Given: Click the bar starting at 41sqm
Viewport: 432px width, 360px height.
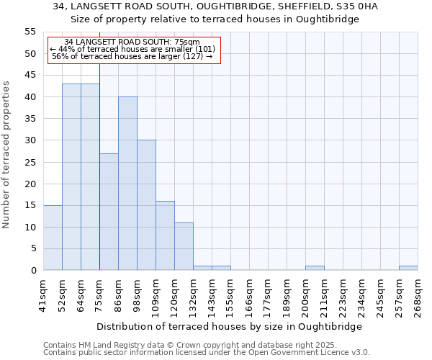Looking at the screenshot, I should click(53, 238).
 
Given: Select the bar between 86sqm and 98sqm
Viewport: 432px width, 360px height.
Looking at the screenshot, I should click(127, 184).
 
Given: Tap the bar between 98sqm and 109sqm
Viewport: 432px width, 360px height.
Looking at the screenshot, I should click(146, 205).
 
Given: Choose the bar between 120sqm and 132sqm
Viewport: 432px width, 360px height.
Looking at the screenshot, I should click(184, 246).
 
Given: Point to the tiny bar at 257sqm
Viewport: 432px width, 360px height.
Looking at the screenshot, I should click(408, 268).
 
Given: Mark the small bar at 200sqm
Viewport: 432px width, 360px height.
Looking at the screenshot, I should click(315, 268).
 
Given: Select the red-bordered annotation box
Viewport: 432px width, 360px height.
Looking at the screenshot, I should click(133, 50).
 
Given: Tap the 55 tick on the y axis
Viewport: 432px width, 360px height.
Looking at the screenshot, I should click(30, 32).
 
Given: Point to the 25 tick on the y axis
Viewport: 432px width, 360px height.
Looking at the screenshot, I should click(30, 162).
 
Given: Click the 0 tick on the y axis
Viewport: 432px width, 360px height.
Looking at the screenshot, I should click(33, 270).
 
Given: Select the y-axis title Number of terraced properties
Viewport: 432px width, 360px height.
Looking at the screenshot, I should click(6, 154).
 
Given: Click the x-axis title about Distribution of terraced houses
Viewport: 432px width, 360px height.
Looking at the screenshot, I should click(229, 326).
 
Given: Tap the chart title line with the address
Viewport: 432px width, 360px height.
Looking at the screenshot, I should click(216, 6).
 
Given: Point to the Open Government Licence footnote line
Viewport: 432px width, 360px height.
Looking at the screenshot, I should click(207, 353).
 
